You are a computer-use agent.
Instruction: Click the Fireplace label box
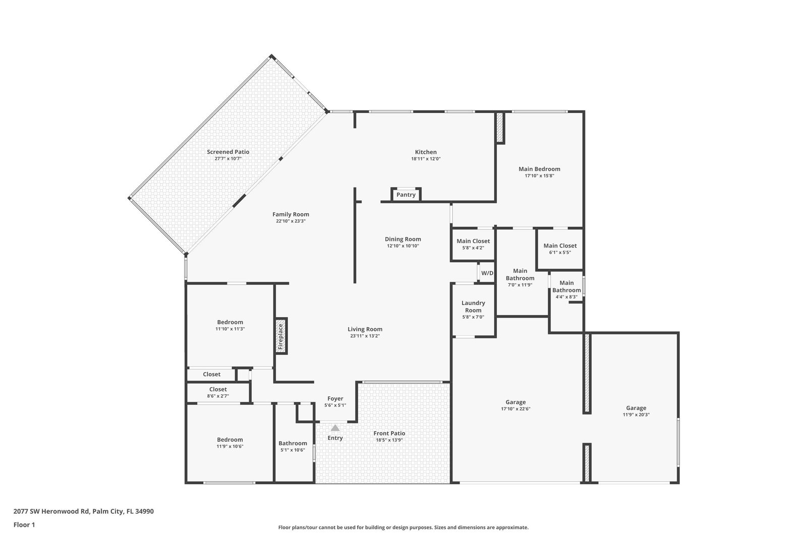pyautogui.click(x=281, y=336)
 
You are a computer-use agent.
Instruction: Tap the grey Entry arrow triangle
pyautogui.click(x=335, y=428)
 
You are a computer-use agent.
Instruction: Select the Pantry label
pyautogui.click(x=406, y=195)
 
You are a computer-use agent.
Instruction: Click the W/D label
pyautogui.click(x=487, y=273)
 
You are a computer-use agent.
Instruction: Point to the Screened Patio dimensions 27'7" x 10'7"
pyautogui.click(x=227, y=158)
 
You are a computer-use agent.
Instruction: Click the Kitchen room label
pyautogui.click(x=426, y=152)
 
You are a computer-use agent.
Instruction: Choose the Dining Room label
pyautogui.click(x=403, y=239)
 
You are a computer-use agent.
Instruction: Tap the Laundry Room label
pyautogui.click(x=473, y=307)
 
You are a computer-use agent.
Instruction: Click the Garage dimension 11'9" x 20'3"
pyautogui.click(x=636, y=414)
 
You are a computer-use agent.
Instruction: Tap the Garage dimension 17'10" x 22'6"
pyautogui.click(x=515, y=409)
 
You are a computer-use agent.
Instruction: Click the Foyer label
pyautogui.click(x=335, y=399)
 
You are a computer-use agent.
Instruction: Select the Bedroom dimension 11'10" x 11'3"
pyautogui.click(x=230, y=329)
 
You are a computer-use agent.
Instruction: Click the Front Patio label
pyautogui.click(x=389, y=433)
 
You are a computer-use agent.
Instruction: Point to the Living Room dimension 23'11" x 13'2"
pyautogui.click(x=365, y=336)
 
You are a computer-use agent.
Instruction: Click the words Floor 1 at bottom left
pyautogui.click(x=24, y=525)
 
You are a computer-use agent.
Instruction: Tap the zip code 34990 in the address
pyautogui.click(x=144, y=511)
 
